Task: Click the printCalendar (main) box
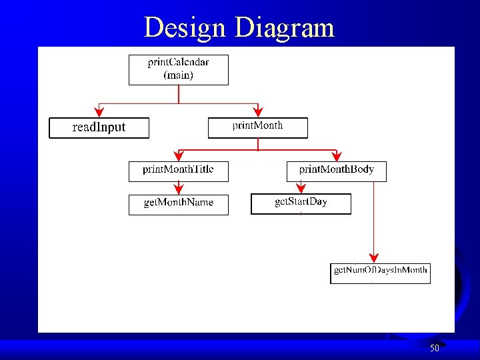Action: pos(178,69)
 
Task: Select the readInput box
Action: pos(99,127)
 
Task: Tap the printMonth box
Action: pos(257,127)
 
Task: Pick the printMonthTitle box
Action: pos(178,171)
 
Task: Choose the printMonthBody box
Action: pos(336,171)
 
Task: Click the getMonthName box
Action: pos(178,205)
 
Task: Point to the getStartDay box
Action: pos(301,203)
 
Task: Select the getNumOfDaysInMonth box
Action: pos(380,273)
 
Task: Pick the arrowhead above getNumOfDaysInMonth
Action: pos(374,257)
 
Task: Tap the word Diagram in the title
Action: pos(285,28)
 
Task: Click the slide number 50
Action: pos(435,348)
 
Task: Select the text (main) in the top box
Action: pos(178,75)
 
